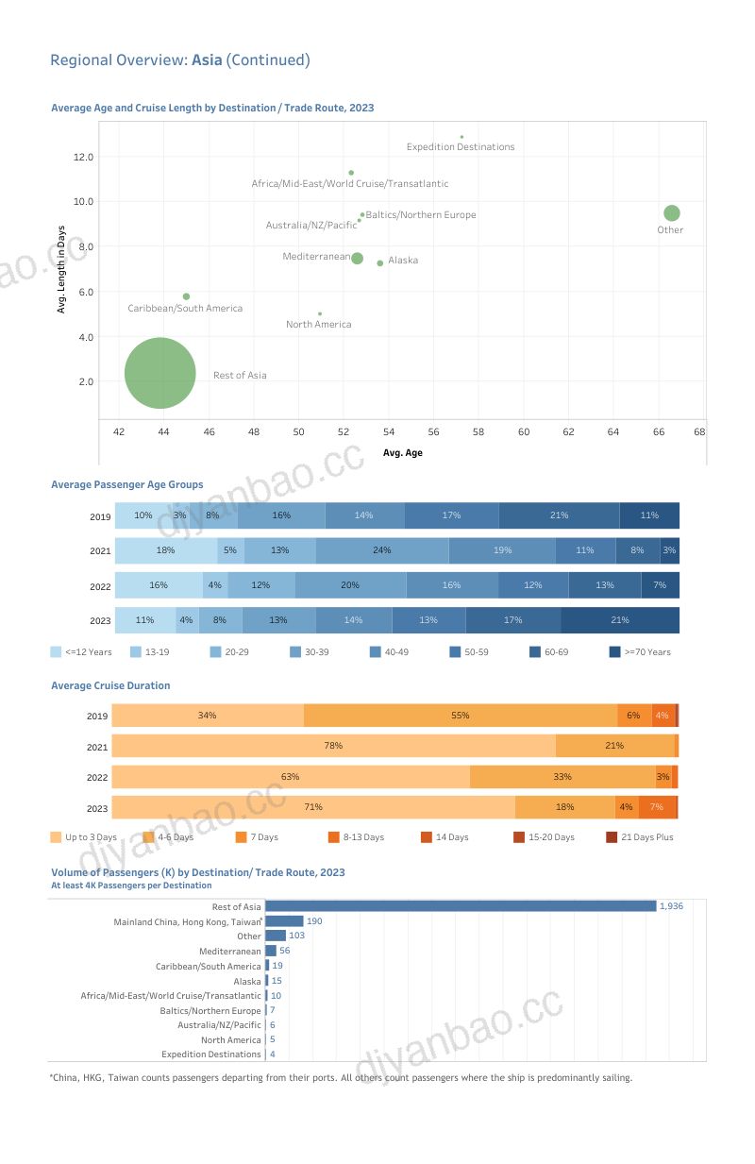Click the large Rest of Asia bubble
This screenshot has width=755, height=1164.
click(x=160, y=373)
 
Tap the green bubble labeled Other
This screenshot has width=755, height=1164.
click(x=671, y=212)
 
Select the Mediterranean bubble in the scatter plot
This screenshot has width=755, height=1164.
click(x=357, y=259)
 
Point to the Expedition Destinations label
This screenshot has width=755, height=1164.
click(x=461, y=147)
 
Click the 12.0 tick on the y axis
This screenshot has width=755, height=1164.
click(x=83, y=157)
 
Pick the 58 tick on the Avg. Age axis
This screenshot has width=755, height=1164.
click(x=478, y=431)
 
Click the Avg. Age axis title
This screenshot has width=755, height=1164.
click(x=402, y=452)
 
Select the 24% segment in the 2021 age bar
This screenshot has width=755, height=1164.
click(x=382, y=550)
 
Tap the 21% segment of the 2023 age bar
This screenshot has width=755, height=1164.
click(x=620, y=620)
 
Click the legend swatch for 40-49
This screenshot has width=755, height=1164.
click(x=376, y=651)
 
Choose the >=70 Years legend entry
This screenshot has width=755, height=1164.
click(x=640, y=651)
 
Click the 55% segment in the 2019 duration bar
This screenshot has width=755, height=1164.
click(x=461, y=716)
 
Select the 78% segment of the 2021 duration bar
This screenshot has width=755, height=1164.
click(x=333, y=746)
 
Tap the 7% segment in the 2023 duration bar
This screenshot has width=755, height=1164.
click(x=657, y=807)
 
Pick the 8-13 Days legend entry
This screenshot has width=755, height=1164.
click(x=357, y=837)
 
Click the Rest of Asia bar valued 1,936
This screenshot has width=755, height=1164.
click(x=461, y=906)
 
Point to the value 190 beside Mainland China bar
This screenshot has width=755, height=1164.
click(x=314, y=921)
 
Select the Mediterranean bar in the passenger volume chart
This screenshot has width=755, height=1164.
click(x=271, y=951)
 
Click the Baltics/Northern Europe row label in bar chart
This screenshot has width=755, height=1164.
click(x=210, y=1011)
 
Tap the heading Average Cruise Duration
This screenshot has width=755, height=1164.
click(x=110, y=685)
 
